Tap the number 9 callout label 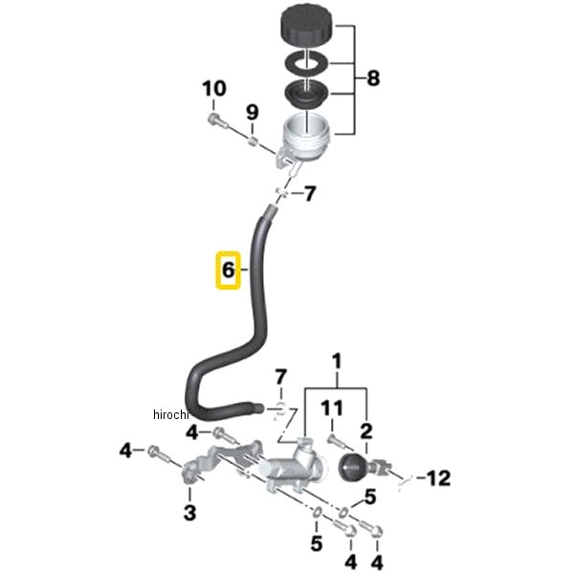click(252, 112)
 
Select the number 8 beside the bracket click(372, 77)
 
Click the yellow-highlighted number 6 click(228, 271)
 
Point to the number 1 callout click(337, 362)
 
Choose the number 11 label click(330, 408)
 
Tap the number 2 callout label click(366, 430)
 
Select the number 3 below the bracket click(189, 513)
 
